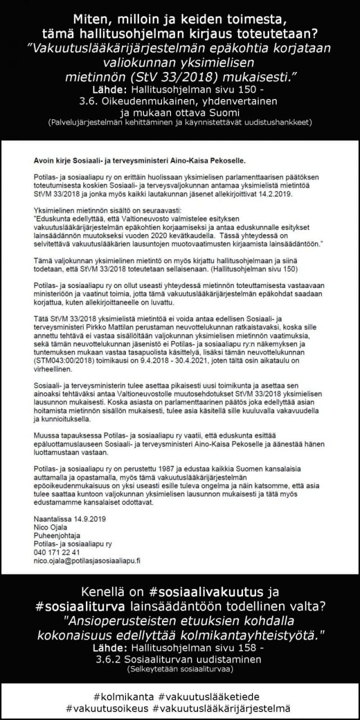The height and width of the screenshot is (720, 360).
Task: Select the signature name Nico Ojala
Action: coord(48,527)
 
